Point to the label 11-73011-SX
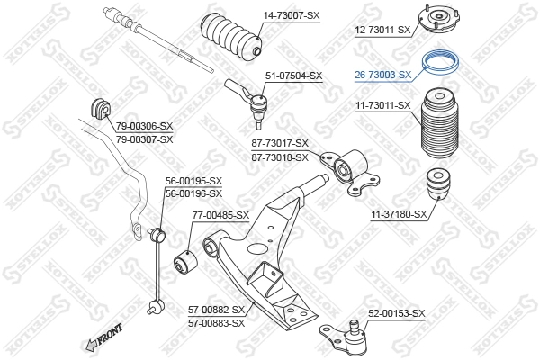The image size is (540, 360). tap(382, 105)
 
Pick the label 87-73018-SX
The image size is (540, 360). tap(279, 157)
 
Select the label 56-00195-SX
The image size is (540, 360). tap(193, 181)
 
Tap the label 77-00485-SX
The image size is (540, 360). tap(220, 215)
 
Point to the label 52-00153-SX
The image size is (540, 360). tap(396, 313)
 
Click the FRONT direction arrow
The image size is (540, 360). tap(103, 337)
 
